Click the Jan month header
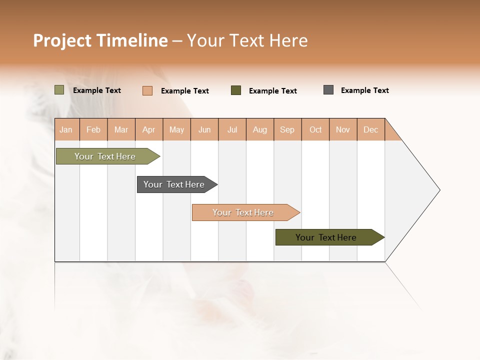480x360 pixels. pos(66,129)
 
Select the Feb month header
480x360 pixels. pos(93,129)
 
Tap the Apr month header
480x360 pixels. pos(148,129)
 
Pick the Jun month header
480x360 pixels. pos(204,129)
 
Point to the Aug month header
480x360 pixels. pos(260,129)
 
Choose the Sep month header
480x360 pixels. pos(287,129)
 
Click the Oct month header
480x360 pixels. pos(315,129)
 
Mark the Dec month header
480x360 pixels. pos(371,129)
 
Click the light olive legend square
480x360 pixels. pos(59,90)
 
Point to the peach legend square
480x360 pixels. pos(147,90)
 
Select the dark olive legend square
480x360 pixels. pos(236,90)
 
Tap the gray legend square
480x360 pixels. pos(328,90)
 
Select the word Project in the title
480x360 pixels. pos(62,40)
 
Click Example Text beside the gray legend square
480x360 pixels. pos(364,90)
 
